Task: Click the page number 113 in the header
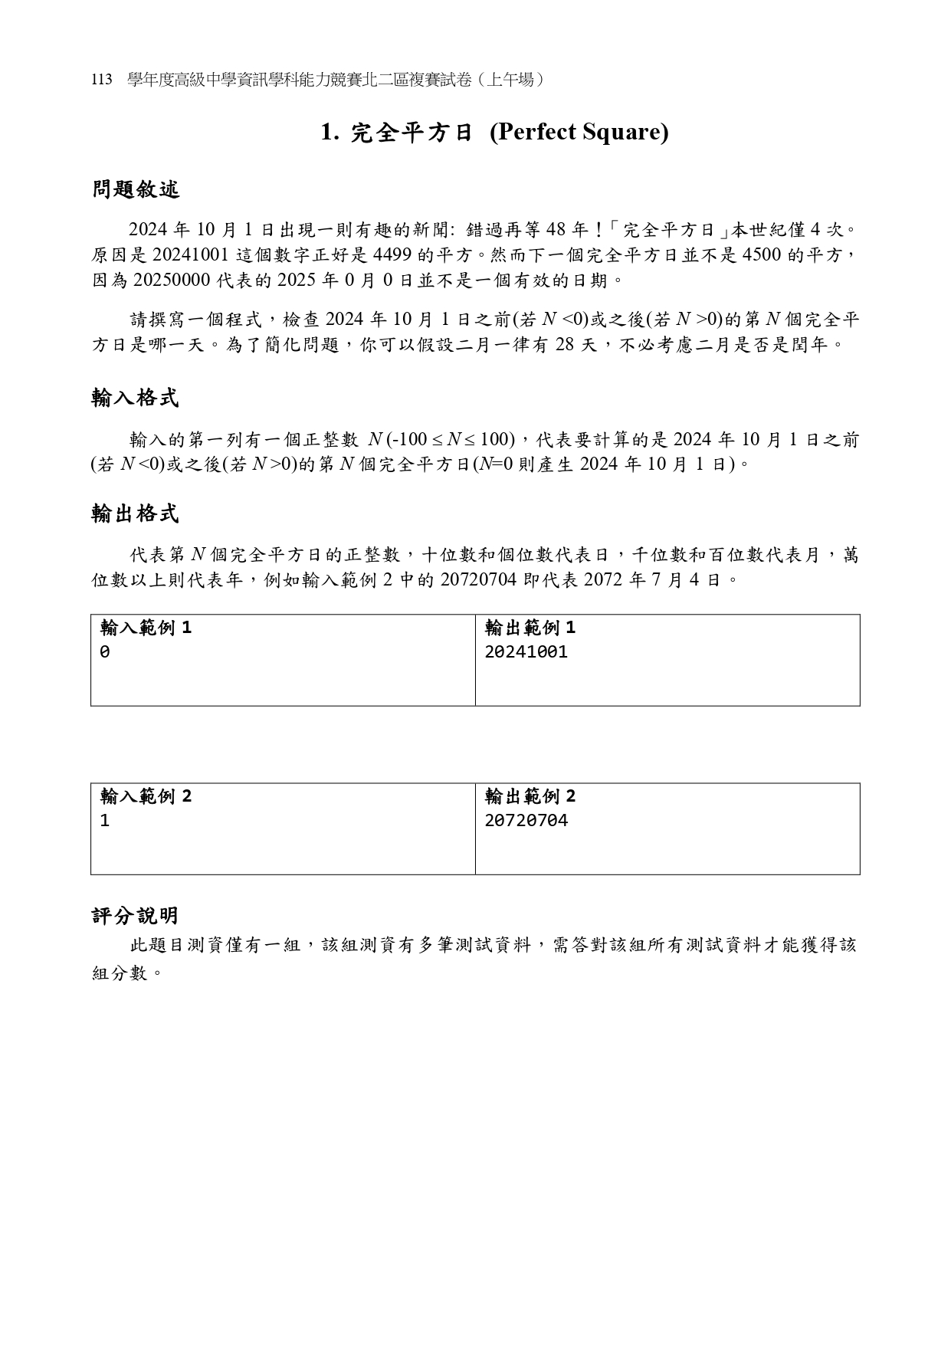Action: pos(102,80)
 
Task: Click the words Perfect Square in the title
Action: pos(579,133)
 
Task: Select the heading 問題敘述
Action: pos(136,190)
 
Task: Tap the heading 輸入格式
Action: pos(136,398)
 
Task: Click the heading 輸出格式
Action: pos(136,513)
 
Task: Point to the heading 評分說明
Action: pos(136,915)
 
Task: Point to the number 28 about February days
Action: pos(565,345)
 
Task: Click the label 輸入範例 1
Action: pos(146,628)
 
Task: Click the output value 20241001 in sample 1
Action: pos(526,652)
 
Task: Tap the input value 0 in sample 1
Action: pos(105,652)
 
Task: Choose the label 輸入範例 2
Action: pos(146,796)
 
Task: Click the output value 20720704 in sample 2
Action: pos(526,821)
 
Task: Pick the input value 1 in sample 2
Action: pos(105,821)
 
